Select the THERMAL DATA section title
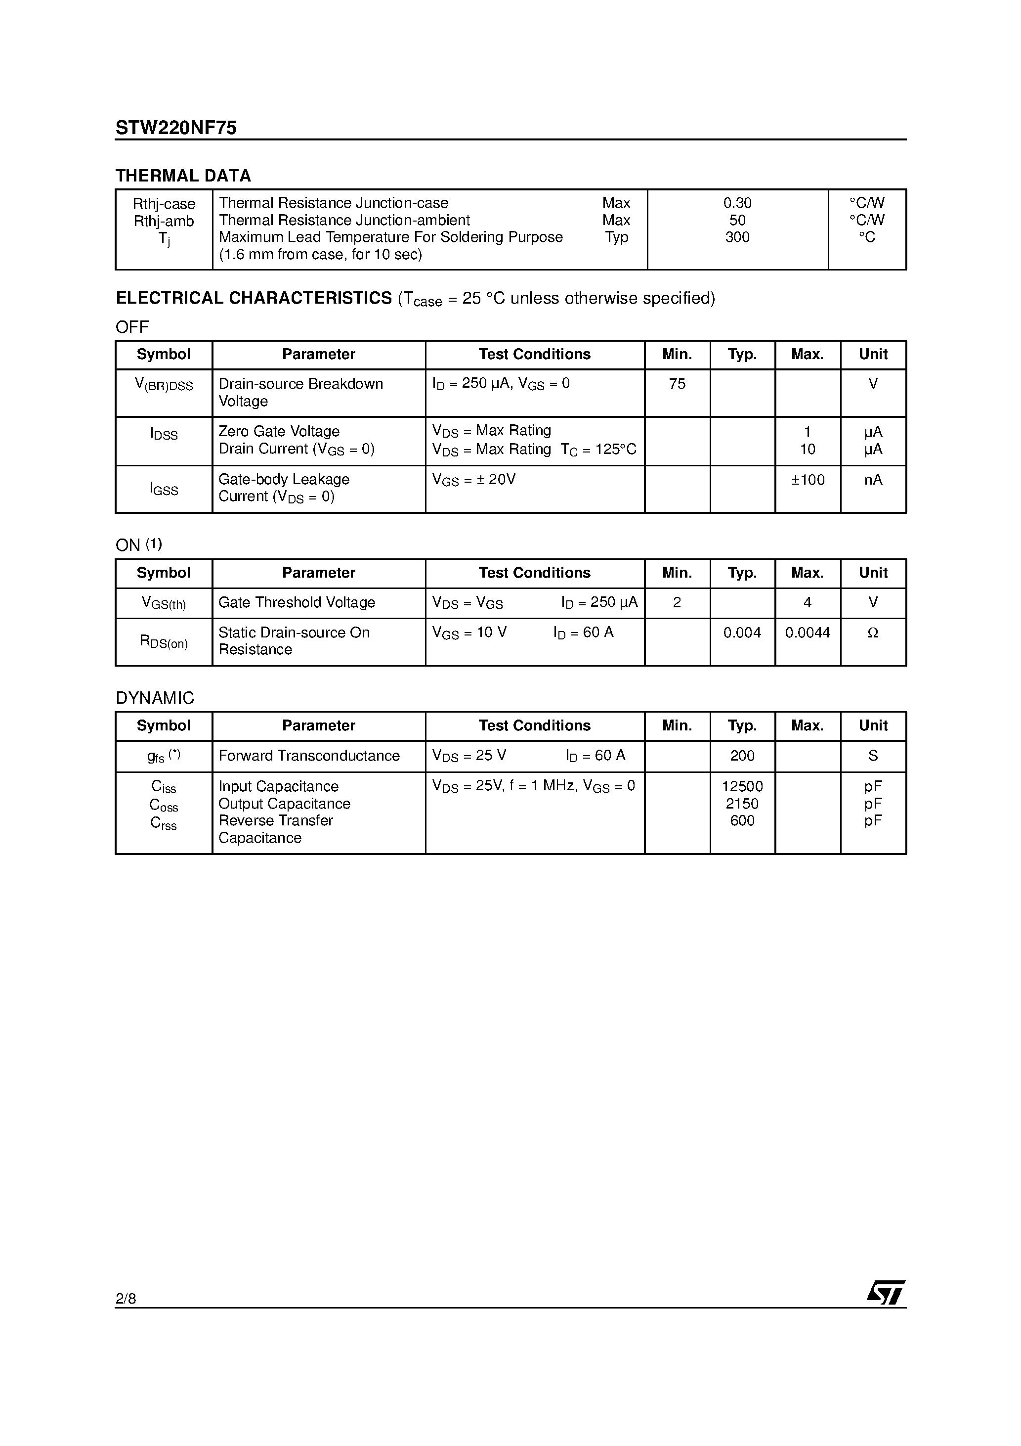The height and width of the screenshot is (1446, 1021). (183, 176)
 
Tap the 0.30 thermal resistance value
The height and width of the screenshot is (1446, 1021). (737, 203)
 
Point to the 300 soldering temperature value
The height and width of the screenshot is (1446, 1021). (737, 237)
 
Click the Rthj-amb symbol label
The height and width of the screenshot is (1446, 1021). (164, 221)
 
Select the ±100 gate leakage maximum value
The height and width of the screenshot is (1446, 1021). (808, 479)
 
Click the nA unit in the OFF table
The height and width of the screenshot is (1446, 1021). (873, 479)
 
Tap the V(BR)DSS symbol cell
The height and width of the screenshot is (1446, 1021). (164, 384)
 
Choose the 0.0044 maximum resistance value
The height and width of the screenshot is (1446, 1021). (808, 633)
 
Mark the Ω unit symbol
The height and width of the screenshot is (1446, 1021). (873, 633)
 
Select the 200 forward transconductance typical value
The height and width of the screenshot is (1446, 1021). (742, 755)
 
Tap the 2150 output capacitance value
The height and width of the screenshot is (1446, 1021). (742, 804)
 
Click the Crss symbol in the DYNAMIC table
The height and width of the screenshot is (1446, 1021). (164, 822)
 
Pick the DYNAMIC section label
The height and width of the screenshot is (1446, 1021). (155, 698)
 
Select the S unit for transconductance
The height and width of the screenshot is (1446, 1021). (873, 755)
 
